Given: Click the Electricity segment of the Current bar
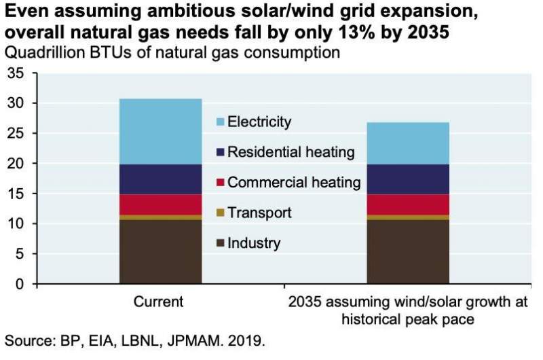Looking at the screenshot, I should (x=160, y=131).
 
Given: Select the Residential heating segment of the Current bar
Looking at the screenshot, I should (x=160, y=179).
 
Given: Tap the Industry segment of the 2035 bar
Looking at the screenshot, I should (x=408, y=251).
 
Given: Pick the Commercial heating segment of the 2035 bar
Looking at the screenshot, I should (x=408, y=204).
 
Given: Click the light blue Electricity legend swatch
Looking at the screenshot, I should (x=219, y=122).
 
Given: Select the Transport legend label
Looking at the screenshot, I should (x=259, y=213).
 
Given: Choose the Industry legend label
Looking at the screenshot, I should (x=254, y=243).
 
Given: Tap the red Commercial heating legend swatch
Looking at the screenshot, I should (x=219, y=183).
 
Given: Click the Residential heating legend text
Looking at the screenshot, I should (x=291, y=152).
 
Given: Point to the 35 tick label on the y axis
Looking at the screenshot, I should (x=15, y=73).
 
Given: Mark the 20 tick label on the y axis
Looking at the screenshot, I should (x=15, y=163).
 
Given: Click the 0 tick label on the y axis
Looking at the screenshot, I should (x=20, y=283).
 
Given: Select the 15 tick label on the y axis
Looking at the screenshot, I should (x=15, y=194).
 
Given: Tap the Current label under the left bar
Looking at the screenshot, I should (x=160, y=301).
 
